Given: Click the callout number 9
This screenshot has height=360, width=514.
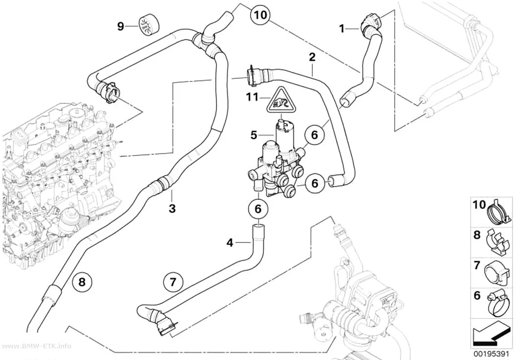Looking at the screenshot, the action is coord(120,26).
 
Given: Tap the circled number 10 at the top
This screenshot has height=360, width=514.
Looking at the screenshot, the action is coord(260,15).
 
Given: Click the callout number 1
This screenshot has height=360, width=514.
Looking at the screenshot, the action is coord(342,29).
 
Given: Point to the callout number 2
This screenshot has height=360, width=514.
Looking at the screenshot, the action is coord(312,57).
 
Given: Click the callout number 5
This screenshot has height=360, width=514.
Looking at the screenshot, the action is coord(254,135).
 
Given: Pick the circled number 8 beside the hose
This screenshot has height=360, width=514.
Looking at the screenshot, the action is coord(82,281).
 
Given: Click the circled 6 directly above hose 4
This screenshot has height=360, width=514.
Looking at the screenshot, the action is coord(258,209).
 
